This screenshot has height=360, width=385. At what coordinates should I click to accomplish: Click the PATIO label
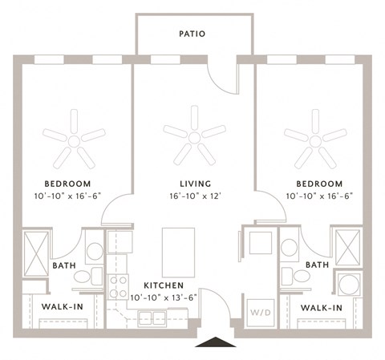tap(192, 34)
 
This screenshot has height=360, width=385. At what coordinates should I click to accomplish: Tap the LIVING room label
tap(196, 184)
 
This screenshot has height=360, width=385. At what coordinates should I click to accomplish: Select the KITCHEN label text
tap(164, 285)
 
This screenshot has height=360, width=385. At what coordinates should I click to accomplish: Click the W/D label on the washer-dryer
tap(261, 312)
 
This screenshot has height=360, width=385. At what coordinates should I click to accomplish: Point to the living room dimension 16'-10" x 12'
tap(196, 196)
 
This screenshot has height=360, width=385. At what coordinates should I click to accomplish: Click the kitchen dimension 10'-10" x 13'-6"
tap(164, 297)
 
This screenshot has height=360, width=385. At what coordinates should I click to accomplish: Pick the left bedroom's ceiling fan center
tap(74, 141)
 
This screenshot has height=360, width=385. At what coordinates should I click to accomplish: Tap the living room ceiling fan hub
tap(194, 138)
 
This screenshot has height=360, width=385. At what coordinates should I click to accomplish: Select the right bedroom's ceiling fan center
tap(315, 141)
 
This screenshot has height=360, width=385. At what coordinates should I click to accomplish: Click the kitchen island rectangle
tap(178, 253)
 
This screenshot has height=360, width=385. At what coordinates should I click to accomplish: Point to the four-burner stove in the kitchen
tap(118, 287)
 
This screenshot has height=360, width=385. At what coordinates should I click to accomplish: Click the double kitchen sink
tap(152, 319)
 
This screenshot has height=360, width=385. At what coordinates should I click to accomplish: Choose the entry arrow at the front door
tap(216, 342)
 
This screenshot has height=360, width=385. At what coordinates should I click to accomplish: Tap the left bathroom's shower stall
tap(36, 253)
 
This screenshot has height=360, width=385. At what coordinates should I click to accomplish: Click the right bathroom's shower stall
tap(347, 248)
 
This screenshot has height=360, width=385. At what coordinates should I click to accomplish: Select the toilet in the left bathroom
tap(88, 277)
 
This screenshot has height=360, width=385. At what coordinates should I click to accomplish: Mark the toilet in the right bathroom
tap(295, 276)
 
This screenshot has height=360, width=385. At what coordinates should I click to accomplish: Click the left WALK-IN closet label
tap(63, 306)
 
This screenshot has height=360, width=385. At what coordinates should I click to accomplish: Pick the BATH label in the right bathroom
tap(317, 265)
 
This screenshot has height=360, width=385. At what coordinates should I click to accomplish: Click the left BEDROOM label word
tap(67, 184)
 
